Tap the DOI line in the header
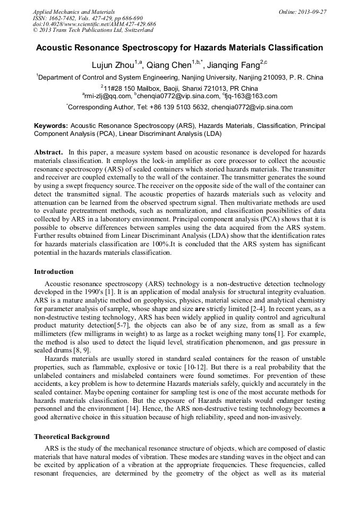tap(94, 24)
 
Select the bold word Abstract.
tap(49, 151)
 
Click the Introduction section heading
tap(54, 272)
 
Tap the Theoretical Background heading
tap(72, 437)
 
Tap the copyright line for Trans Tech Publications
tap(93, 30)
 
